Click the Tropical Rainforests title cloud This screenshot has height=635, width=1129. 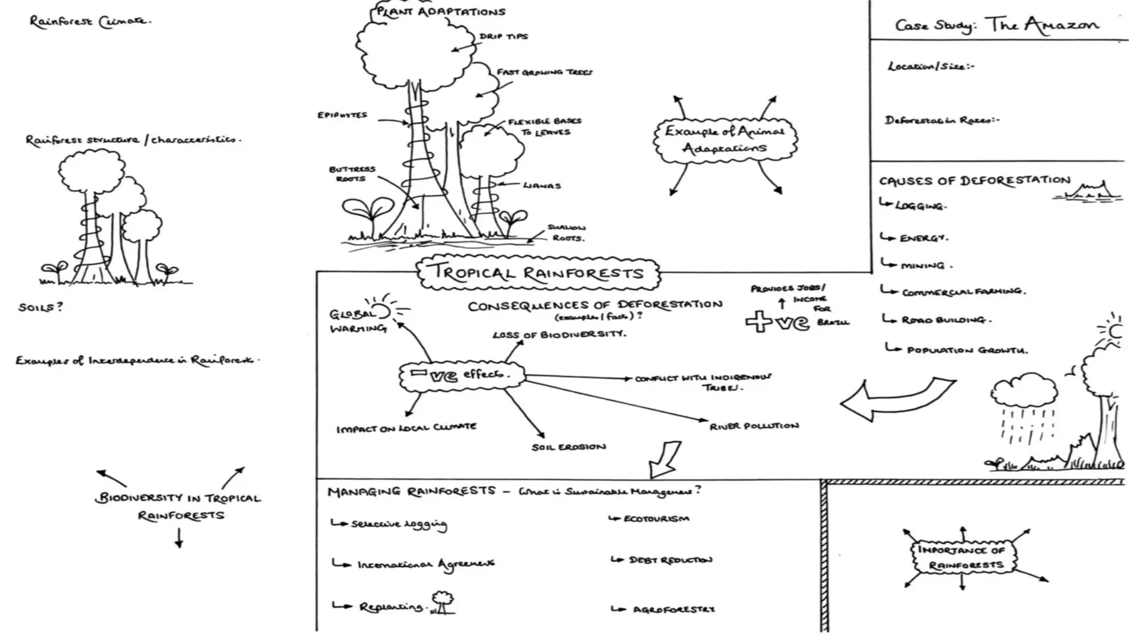(x=538, y=273)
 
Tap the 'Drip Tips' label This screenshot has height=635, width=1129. (x=503, y=36)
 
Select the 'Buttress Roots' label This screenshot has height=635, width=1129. (x=352, y=174)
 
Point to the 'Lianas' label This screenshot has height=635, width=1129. (x=541, y=186)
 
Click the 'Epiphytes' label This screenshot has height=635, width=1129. (x=342, y=115)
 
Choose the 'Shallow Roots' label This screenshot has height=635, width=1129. (x=567, y=233)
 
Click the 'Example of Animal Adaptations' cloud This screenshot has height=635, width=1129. (x=725, y=139)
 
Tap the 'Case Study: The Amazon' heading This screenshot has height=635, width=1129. (x=997, y=25)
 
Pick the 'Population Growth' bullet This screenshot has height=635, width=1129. (x=966, y=350)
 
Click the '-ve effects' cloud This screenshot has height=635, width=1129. (x=462, y=375)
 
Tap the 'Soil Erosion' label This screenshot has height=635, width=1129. (x=568, y=447)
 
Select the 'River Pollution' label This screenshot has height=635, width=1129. (x=754, y=426)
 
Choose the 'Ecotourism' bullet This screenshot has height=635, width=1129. (x=655, y=519)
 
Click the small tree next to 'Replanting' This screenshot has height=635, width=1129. (x=442, y=602)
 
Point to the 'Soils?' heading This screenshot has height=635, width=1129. (x=40, y=307)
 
